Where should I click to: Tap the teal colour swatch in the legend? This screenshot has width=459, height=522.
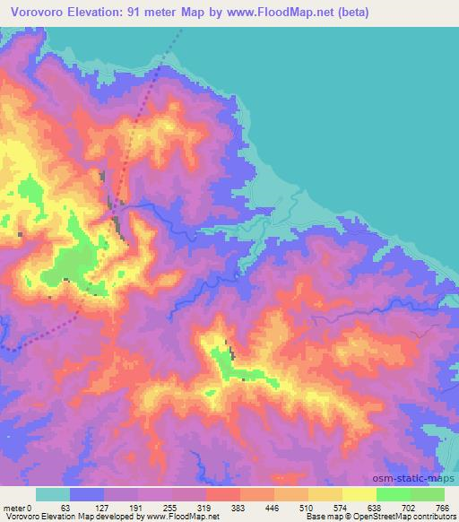53,494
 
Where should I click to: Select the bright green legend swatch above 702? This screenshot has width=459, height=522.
394,494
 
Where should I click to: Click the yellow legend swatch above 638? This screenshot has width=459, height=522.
359,494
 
